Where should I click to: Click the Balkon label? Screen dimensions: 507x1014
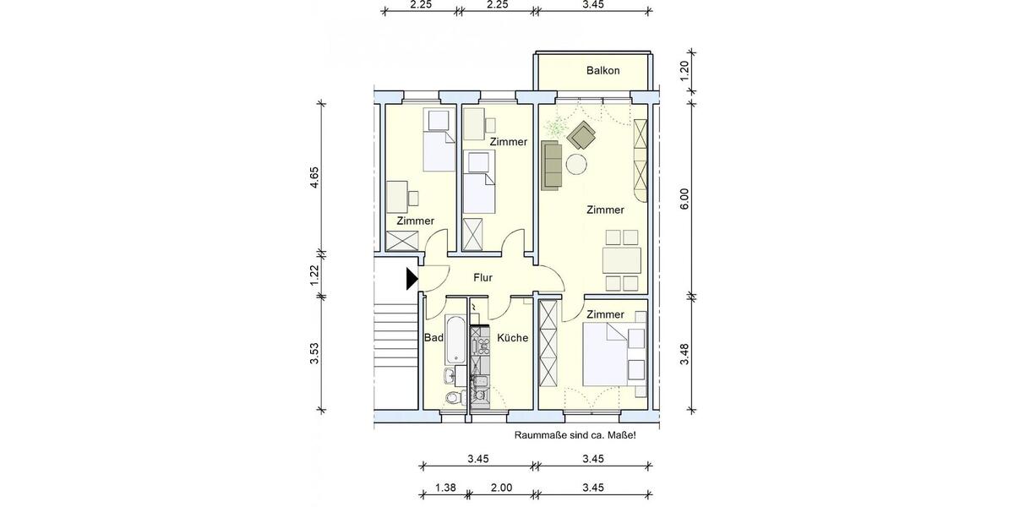(x=602, y=71)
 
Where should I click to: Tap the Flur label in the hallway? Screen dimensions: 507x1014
(x=482, y=277)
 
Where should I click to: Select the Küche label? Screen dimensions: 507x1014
(x=512, y=338)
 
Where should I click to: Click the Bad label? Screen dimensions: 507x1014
(x=433, y=338)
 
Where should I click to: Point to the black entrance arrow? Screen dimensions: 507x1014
(x=412, y=278)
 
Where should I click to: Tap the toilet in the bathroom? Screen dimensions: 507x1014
(x=451, y=397)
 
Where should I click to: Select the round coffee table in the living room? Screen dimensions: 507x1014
(x=577, y=164)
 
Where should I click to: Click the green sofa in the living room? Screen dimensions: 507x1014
(x=551, y=165)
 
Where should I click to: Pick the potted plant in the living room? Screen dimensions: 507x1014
(x=555, y=129)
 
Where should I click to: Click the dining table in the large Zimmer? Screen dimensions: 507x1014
(x=620, y=259)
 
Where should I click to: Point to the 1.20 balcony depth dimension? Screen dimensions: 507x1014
(x=685, y=69)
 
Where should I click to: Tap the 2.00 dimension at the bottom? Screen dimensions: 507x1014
(x=501, y=488)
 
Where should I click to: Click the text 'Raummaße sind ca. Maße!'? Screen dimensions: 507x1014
(x=575, y=435)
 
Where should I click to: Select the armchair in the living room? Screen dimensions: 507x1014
(x=581, y=134)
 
